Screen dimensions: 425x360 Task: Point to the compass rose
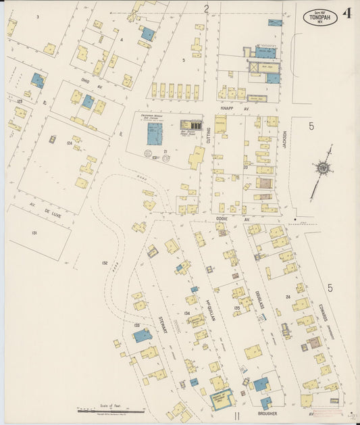323,169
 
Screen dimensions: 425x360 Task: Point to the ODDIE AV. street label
242,220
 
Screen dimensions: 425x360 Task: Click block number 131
34,232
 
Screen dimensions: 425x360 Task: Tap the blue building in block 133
143,335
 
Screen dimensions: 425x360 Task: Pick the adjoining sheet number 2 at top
207,8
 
